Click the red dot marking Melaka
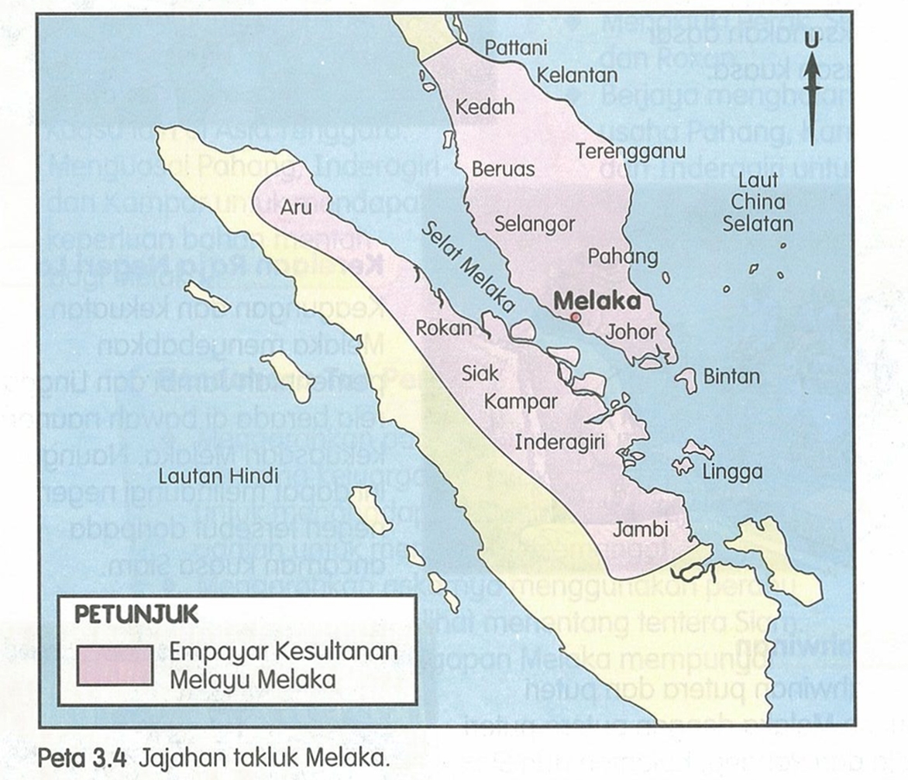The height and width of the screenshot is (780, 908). (576, 317)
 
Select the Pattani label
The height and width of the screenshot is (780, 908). (515, 48)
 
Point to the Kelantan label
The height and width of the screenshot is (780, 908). (577, 75)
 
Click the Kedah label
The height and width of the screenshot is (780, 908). (486, 107)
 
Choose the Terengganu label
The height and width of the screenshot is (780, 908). (631, 151)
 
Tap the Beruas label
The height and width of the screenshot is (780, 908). (504, 168)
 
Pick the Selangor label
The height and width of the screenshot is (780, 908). (535, 225)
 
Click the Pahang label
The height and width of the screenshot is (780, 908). (623, 256)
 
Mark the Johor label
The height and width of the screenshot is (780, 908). (632, 332)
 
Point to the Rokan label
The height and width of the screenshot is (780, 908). (443, 328)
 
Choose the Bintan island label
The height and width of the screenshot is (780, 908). (732, 377)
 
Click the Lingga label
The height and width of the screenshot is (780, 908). (731, 472)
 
